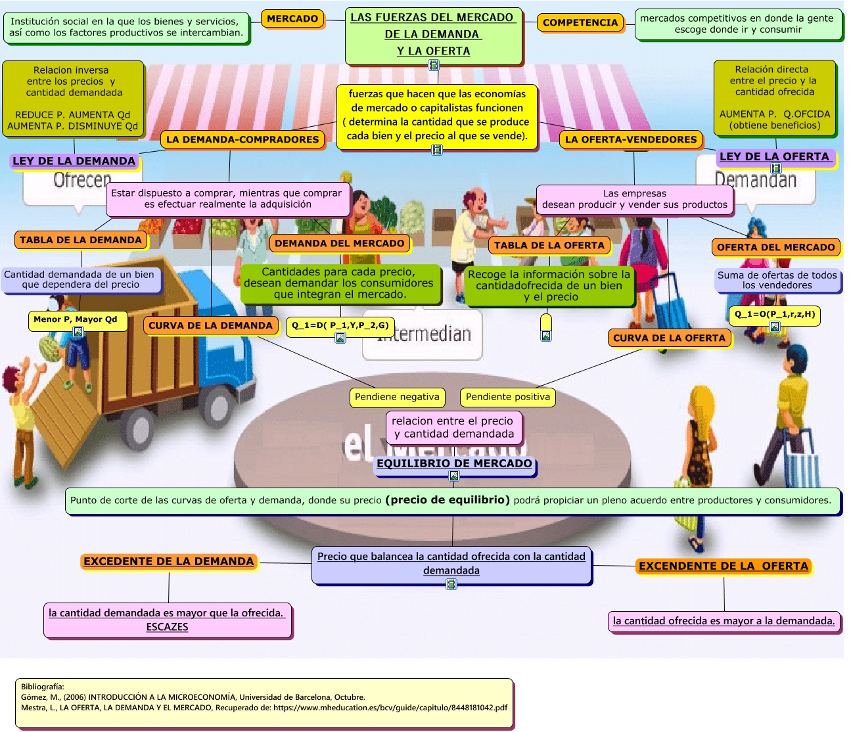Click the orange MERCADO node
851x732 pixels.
pos(292,19)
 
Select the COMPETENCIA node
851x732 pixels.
pos(580,22)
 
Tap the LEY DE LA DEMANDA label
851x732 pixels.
pos(74,161)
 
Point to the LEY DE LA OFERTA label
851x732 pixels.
pos(774,156)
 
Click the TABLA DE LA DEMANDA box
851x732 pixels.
pos(80,240)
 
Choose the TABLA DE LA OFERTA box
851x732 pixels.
pos(549,245)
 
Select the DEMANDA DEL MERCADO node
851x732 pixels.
pos(339,243)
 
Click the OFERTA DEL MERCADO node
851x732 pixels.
pos(775,247)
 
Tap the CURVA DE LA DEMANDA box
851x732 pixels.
pos(210,325)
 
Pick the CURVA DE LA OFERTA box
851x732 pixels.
pos(669,338)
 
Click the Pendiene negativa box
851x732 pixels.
pos(397,397)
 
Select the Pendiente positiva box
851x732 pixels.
pos(507,397)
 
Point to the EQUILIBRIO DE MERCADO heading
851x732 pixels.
pos(454,463)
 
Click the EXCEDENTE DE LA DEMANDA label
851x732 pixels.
pos(168,561)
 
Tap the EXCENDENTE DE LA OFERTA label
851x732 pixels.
pos(723,566)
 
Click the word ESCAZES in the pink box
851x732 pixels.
pos(167,627)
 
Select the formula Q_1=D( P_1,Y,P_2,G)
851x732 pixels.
pos(340,325)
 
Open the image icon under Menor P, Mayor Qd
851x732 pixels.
pos(78,332)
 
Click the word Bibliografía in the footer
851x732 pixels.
pos(42,687)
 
